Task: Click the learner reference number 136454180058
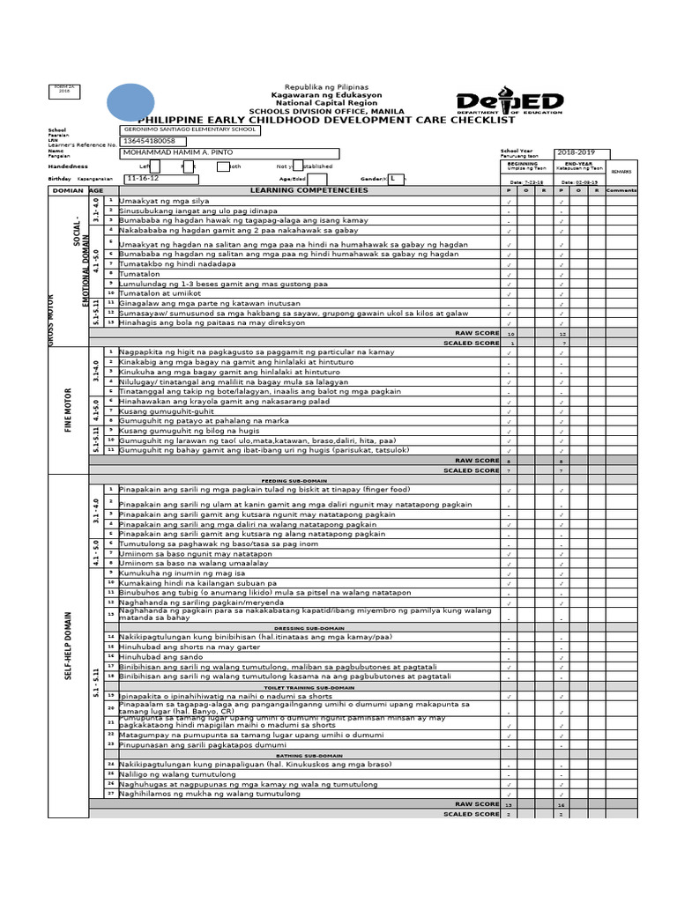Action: tap(149, 141)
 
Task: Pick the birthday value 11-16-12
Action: tap(145, 178)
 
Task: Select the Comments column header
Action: tap(621, 190)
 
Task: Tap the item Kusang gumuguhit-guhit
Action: tap(167, 411)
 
